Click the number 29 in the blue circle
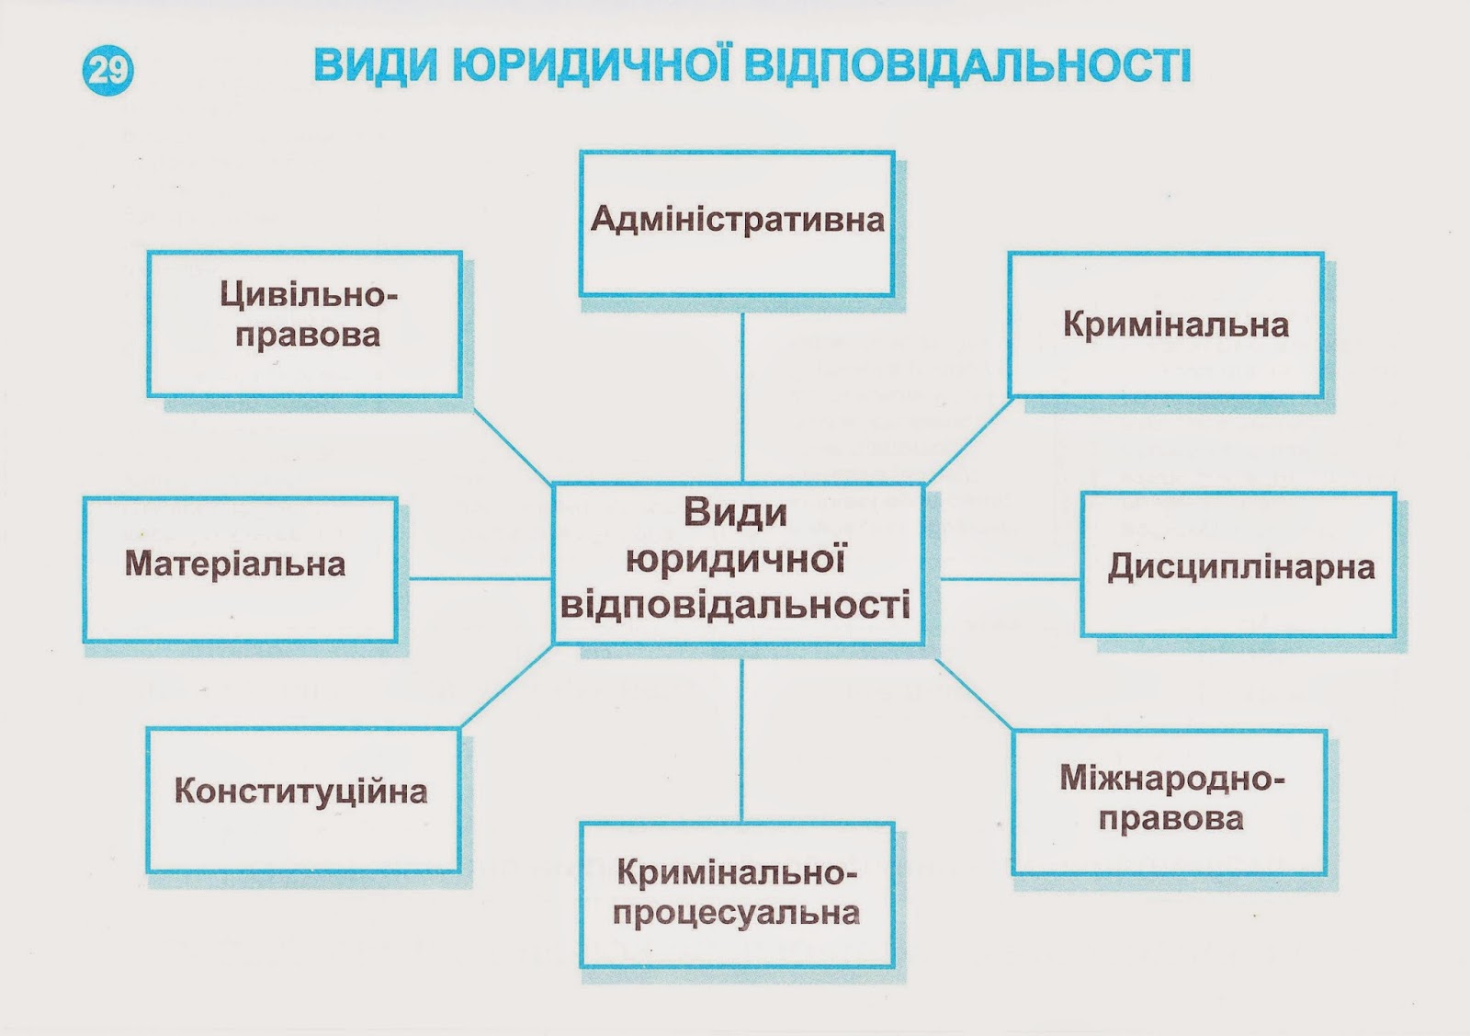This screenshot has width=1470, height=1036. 108,70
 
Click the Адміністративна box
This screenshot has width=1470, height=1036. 737,223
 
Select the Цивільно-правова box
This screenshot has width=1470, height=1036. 304,324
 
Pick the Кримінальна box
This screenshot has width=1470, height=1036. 1165,324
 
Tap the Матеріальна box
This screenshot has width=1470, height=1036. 240,570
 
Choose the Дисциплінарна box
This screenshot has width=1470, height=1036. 1238,565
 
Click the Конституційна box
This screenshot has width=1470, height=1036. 302,799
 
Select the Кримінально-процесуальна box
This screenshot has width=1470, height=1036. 736,894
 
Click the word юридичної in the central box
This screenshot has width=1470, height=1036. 735,560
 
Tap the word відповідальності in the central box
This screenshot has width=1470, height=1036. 735,605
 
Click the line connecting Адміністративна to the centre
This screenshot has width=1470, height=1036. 742,395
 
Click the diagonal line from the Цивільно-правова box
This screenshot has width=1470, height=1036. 512,446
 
